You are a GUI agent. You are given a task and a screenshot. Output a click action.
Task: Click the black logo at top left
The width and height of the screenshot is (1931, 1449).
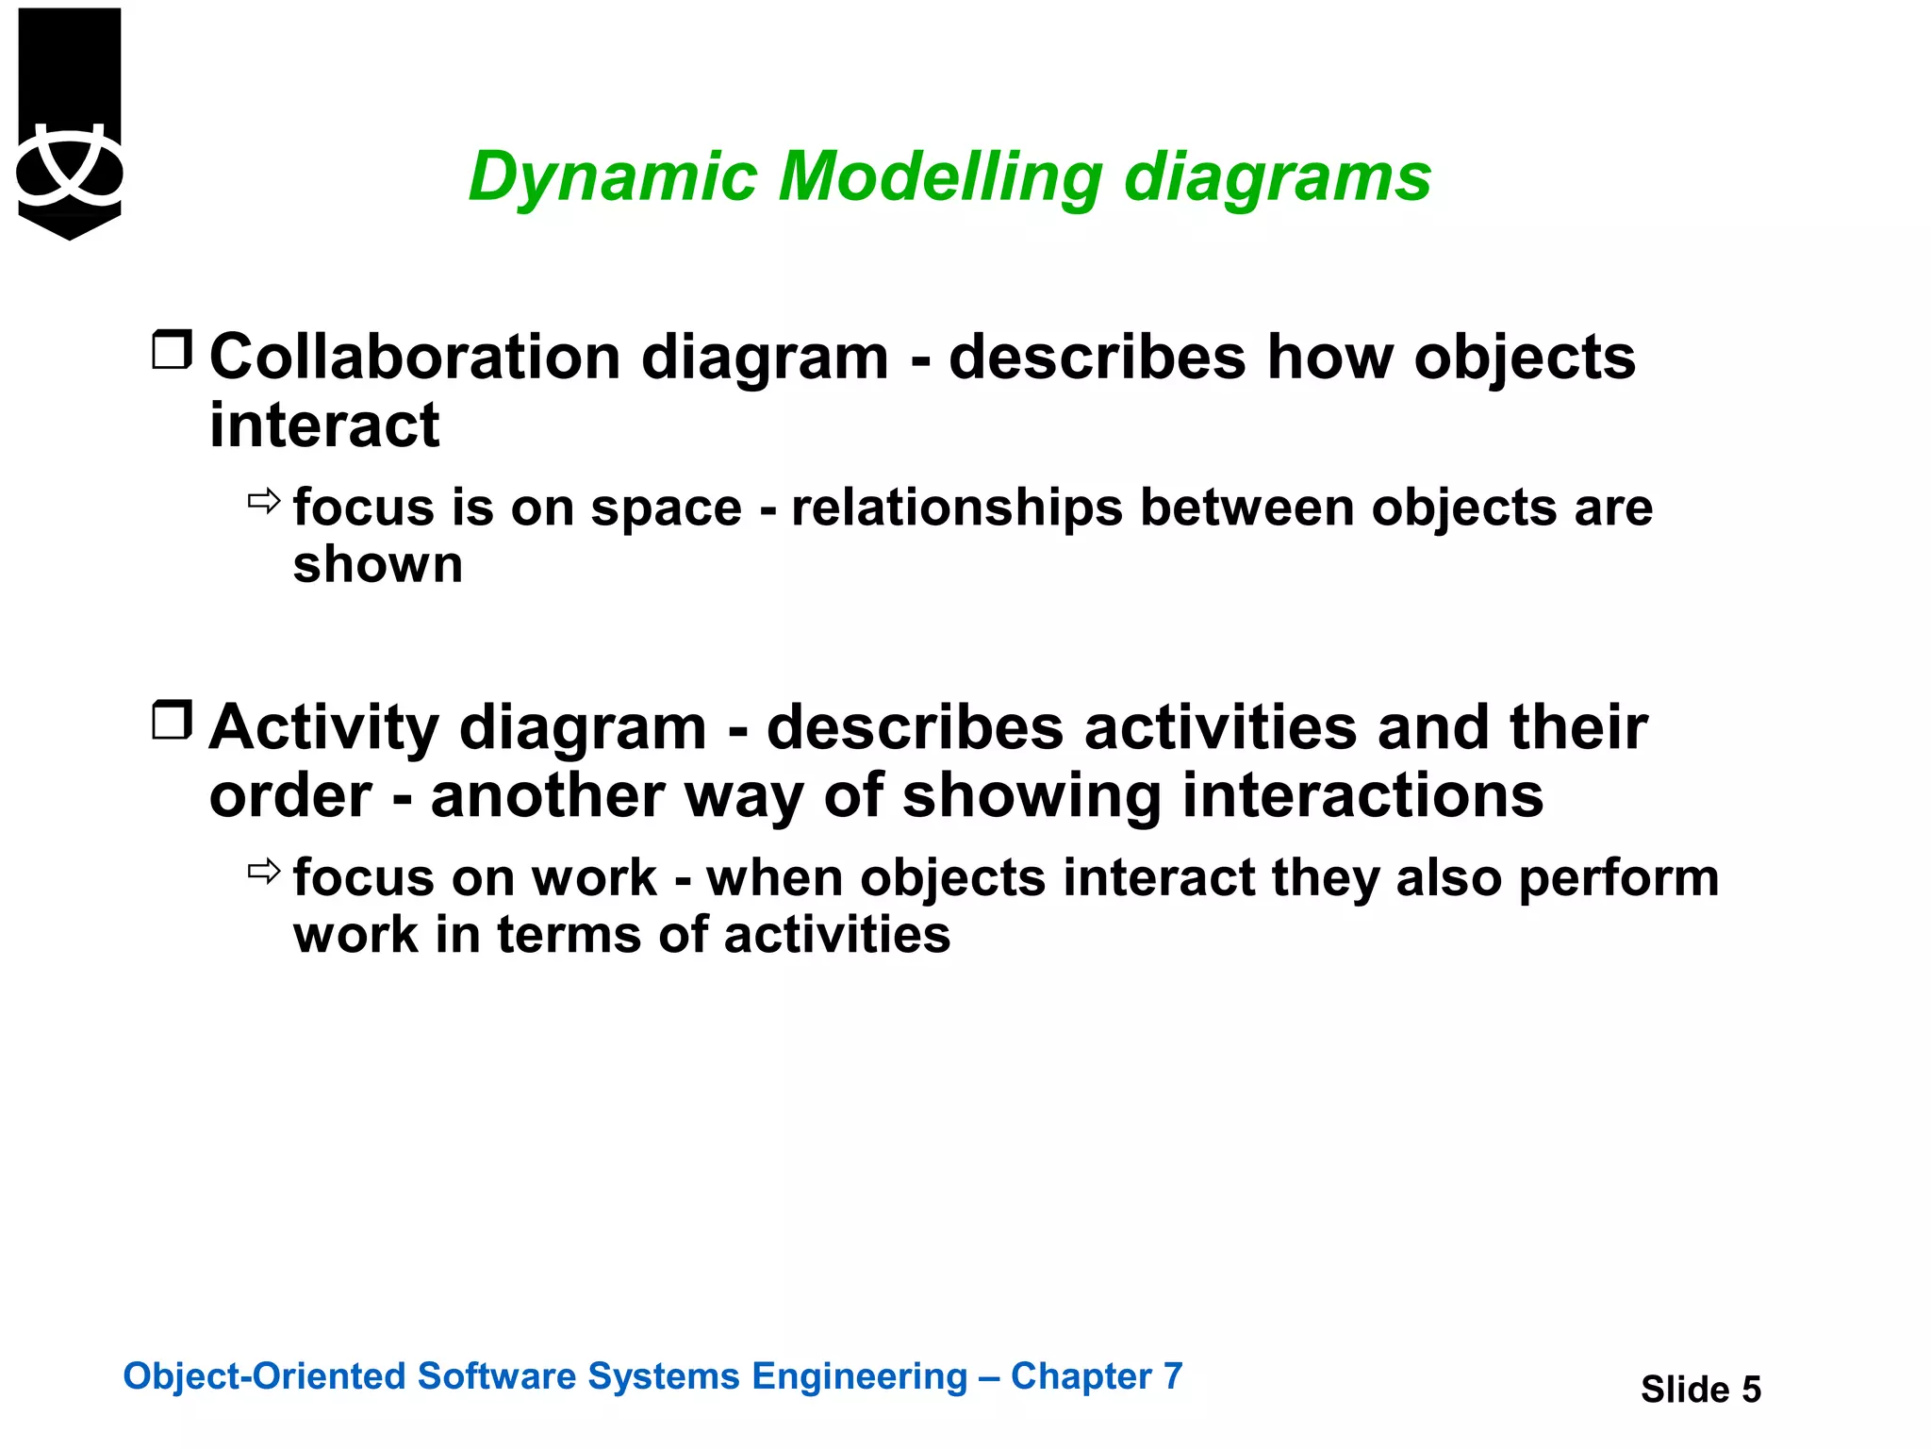click(x=70, y=124)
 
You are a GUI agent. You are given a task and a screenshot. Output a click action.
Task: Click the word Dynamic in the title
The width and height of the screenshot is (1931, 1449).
click(x=612, y=177)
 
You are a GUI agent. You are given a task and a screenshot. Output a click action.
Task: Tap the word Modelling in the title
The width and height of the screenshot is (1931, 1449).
click(x=939, y=177)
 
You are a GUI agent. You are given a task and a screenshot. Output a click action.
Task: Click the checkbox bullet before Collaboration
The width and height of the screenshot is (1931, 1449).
click(x=172, y=350)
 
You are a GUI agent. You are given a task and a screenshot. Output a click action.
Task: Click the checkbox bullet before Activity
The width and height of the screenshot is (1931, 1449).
click(x=172, y=721)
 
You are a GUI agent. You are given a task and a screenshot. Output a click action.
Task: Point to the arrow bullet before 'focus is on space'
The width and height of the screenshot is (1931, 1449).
click(x=264, y=501)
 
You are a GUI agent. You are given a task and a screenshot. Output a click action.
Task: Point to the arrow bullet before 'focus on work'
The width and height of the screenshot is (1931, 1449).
click(x=264, y=871)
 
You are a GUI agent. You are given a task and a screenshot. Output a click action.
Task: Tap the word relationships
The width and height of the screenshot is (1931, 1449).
click(x=956, y=508)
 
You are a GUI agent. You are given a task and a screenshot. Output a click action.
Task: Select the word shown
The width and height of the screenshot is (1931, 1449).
click(x=377, y=565)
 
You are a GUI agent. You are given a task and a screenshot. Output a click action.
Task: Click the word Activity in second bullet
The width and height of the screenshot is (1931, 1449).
click(x=323, y=728)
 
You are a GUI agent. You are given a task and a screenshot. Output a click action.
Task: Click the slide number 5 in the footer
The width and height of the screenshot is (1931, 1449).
click(x=1750, y=1390)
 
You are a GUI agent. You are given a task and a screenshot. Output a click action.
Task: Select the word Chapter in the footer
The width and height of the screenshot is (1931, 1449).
click(x=1081, y=1376)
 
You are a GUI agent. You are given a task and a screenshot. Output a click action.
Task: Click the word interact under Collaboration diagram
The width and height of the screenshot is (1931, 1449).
click(x=323, y=425)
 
